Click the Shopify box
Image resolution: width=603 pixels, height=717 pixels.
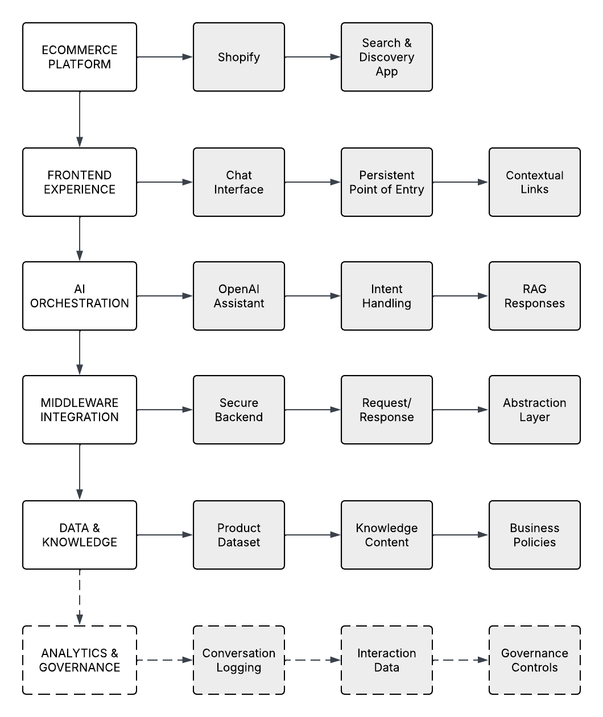click(239, 57)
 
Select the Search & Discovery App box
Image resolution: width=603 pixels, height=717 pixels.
click(387, 57)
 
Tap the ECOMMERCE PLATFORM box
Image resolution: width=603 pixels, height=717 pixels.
click(80, 57)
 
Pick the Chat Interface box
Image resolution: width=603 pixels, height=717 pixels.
click(239, 182)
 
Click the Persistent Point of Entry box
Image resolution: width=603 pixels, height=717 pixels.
click(387, 182)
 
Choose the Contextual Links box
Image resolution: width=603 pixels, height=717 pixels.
click(535, 182)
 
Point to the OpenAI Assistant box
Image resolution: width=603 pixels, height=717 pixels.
click(239, 296)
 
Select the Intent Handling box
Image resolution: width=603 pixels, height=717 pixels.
click(387, 296)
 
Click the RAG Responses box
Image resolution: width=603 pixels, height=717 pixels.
click(535, 296)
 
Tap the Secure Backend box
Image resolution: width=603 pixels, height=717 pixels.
click(239, 410)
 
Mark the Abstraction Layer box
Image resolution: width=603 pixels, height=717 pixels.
click(535, 410)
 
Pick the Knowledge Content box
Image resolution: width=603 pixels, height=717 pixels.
click(387, 535)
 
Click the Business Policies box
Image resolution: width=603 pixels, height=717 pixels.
click(535, 535)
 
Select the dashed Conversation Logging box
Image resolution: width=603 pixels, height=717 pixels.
click(239, 660)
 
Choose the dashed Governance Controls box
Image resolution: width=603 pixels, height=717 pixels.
click(535, 660)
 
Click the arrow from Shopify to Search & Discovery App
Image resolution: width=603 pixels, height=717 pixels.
click(313, 57)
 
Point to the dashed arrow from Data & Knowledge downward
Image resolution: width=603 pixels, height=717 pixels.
click(80, 597)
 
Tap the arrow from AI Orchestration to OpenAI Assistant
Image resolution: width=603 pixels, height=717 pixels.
click(165, 296)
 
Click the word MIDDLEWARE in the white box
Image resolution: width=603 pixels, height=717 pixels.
click(80, 403)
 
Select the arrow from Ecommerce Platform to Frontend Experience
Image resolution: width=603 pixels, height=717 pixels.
click(80, 119)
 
